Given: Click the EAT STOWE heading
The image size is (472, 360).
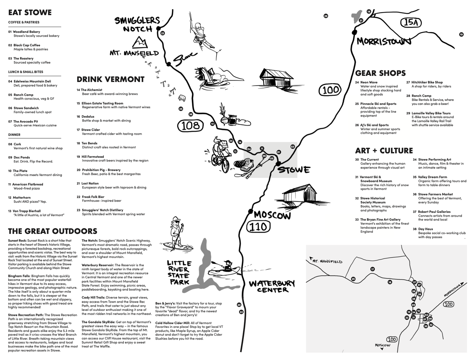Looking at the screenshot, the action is pos(30,13).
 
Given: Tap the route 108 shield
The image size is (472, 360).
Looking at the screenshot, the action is pos(190,126).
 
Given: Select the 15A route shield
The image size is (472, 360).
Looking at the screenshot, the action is pos(411,23).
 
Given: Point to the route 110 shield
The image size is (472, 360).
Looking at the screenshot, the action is pos(258,227).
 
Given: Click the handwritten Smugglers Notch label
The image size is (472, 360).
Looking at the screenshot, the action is pos(137,24).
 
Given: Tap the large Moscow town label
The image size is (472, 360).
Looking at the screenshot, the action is pos(272,215).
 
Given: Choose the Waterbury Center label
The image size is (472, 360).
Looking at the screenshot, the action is pos(272,286).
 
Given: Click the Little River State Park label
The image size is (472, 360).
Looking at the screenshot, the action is pos(179,272).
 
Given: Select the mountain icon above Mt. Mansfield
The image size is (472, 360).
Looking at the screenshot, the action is pos(140,42).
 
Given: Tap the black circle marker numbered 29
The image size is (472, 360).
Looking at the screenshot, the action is pos(326,16).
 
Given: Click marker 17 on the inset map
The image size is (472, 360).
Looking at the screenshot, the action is pos(373,269).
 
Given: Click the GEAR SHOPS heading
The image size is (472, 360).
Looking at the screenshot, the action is pos(380,73).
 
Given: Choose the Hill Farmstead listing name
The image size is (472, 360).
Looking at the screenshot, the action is pos(93,157).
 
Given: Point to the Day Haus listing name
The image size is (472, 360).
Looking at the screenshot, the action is pos(425,229).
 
